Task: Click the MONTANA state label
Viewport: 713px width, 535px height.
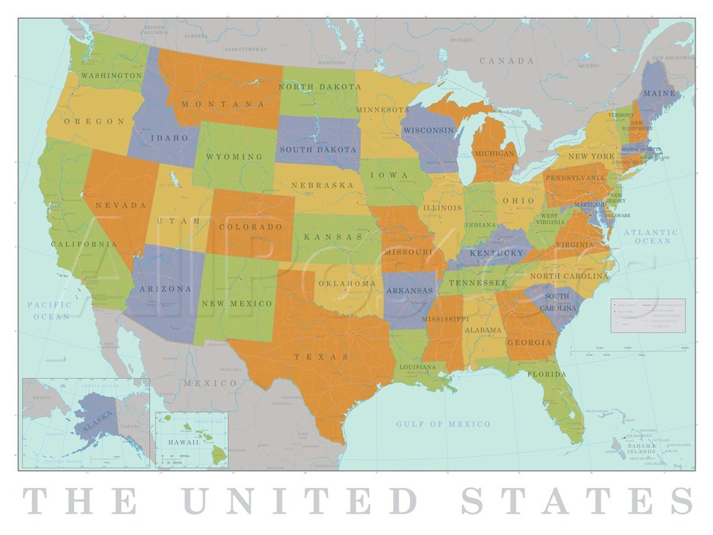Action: coord(223,104)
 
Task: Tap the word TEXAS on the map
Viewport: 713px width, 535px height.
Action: coord(321,356)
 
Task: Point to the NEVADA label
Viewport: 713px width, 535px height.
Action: coord(120,205)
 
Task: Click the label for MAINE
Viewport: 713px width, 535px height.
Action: coord(659,92)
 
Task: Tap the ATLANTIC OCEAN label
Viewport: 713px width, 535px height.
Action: coord(651,236)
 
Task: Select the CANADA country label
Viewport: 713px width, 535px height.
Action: coord(506,61)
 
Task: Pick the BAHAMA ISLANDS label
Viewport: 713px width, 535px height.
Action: coord(640,451)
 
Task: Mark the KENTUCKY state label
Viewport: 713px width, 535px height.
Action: coord(496,253)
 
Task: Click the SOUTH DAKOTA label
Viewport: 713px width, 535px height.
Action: coord(317,149)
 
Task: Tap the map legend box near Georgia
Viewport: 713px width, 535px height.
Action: coord(647,315)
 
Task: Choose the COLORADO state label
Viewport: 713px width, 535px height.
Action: coord(250,226)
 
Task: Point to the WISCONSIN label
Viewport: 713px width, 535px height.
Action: coord(428,130)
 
